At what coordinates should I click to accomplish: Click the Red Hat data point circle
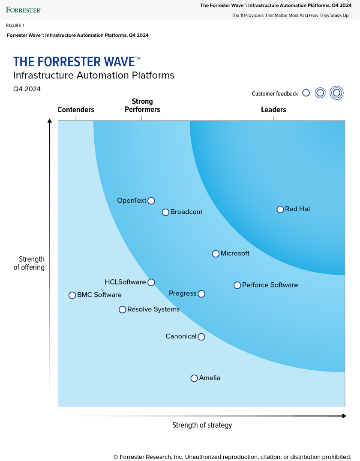[280, 209]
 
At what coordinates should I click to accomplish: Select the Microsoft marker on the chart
[216, 254]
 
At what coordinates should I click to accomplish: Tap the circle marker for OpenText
[151, 201]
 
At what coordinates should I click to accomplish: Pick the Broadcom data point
[165, 212]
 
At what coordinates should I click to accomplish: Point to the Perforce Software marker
[237, 285]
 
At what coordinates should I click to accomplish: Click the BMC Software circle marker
[72, 295]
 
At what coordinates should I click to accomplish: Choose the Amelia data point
[194, 378]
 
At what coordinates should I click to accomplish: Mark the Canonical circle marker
[201, 337]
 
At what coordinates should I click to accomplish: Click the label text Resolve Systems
[153, 309]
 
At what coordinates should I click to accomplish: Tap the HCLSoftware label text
[125, 282]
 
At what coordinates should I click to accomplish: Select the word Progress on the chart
[183, 293]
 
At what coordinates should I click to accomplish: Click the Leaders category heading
[273, 110]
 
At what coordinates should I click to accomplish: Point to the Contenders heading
[76, 110]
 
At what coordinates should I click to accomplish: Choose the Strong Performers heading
[142, 105]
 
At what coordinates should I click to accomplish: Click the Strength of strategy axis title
[202, 425]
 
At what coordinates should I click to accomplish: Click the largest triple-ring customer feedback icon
[337, 93]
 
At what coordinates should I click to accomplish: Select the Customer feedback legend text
[275, 94]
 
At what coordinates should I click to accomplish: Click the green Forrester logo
[24, 9]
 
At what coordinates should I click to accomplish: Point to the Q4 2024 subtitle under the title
[27, 89]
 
